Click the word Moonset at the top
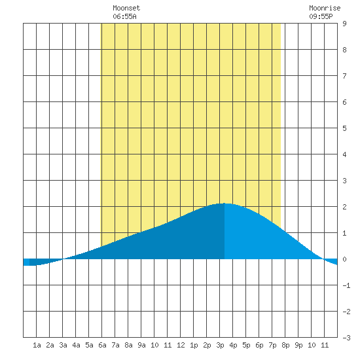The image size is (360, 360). tap(126, 8)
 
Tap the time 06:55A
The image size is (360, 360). tap(124, 16)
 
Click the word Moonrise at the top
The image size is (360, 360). tap(325, 8)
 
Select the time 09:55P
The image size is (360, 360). tap(321, 16)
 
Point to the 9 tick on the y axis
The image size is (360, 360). tap(344, 24)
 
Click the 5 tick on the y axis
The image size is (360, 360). tap(344, 128)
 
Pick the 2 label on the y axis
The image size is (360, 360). tap(344, 207)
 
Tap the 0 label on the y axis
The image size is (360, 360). tap(344, 259)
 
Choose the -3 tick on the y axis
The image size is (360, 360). tap(346, 338)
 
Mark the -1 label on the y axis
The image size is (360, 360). tap(346, 285)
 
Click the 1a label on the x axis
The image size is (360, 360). tap(37, 345)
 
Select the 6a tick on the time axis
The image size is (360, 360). tap(102, 345)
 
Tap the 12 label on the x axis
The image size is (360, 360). tap(181, 345)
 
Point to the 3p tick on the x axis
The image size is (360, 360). tap(220, 345)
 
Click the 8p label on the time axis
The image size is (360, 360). tap(285, 345)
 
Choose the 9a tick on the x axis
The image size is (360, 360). tap(141, 345)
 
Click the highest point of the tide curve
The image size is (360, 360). tap(225, 203)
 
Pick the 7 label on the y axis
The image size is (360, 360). tap(344, 76)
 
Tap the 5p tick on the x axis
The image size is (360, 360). tap(246, 345)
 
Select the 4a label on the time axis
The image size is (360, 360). tap(76, 345)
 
